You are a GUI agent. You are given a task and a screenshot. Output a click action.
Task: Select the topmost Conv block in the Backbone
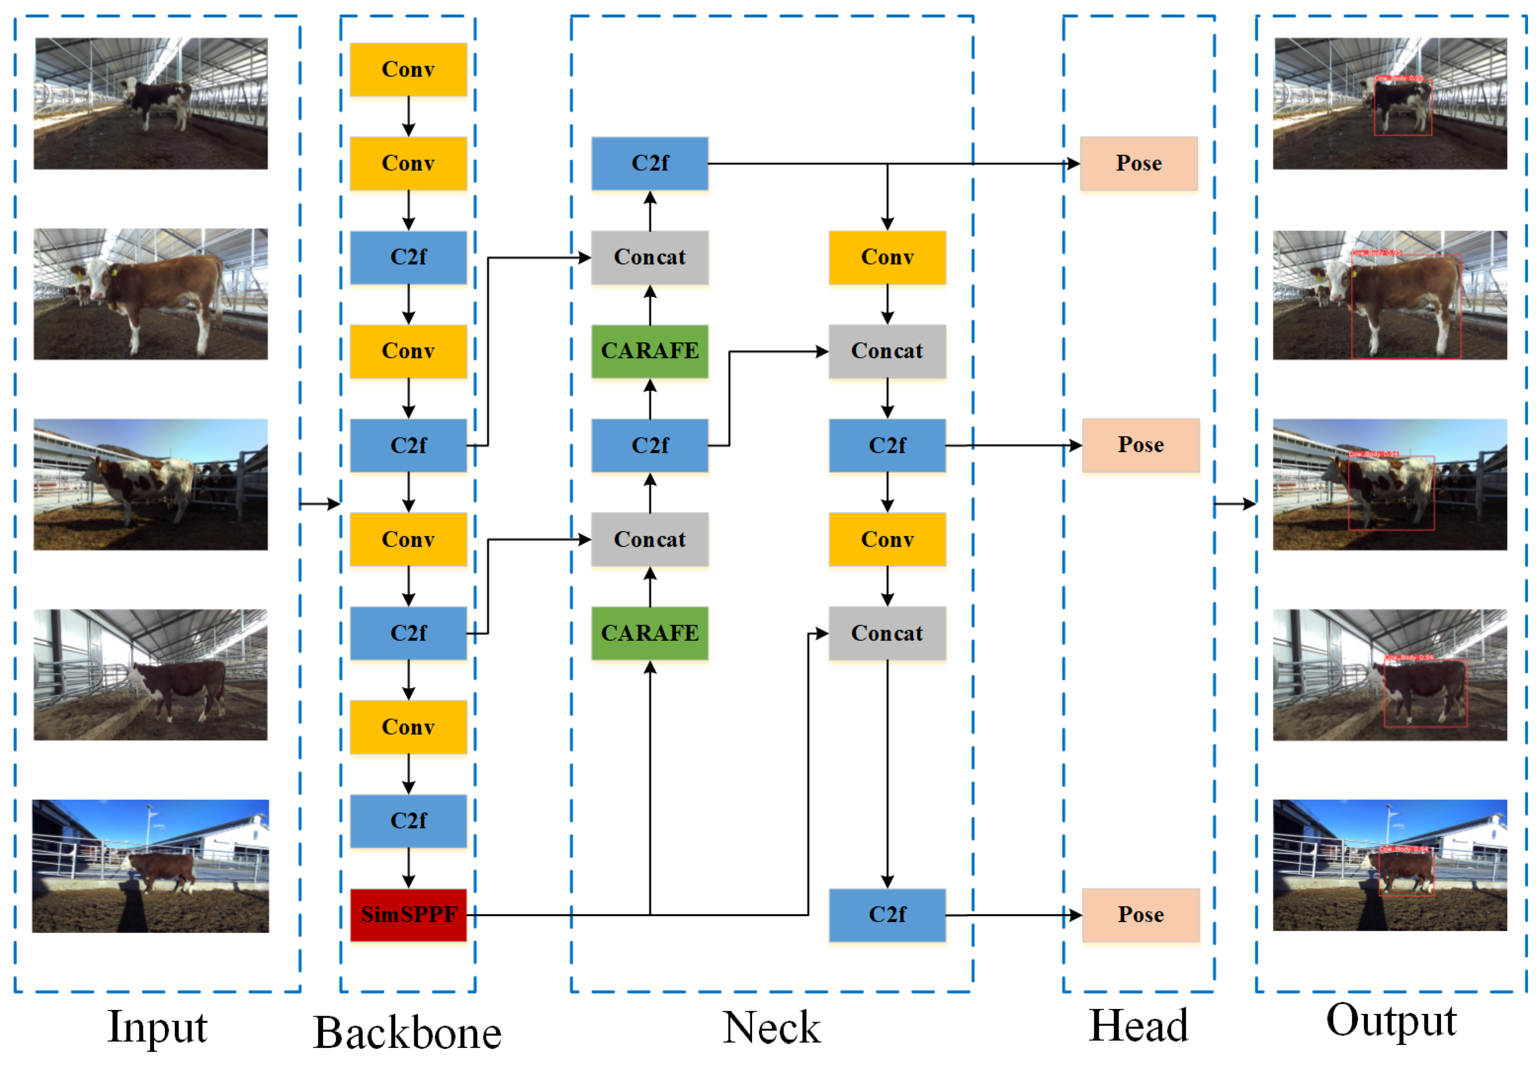(408, 70)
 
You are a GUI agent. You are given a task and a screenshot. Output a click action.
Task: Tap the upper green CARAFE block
(649, 351)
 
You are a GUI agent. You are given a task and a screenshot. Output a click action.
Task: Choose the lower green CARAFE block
(649, 633)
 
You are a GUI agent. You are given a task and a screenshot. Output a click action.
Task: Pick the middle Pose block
(1140, 445)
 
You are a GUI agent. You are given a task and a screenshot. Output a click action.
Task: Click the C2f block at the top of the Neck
(649, 164)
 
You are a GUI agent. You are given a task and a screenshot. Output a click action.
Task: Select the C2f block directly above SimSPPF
(408, 821)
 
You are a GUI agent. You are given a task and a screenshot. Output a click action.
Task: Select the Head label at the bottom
(1138, 1025)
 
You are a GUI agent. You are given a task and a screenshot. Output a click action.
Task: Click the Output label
(1391, 1021)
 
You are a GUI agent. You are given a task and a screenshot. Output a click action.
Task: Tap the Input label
(158, 1027)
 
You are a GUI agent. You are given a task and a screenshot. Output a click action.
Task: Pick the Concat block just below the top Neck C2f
(649, 257)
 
